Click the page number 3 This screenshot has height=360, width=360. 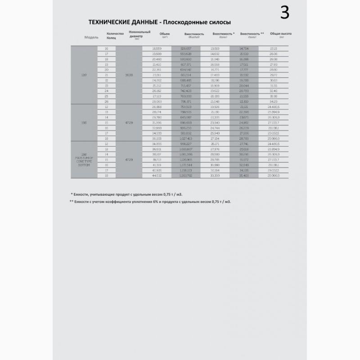coord(284,13)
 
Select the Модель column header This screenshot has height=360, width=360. coord(91,37)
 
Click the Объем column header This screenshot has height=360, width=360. coord(165,34)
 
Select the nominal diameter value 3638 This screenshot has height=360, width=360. coord(129,75)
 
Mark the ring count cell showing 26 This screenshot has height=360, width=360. coord(107,102)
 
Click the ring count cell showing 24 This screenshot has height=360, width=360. coord(107,91)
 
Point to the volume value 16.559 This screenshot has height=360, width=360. coord(157,48)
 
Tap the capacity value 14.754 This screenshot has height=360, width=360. coord(244,48)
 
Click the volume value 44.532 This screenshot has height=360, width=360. coord(157,176)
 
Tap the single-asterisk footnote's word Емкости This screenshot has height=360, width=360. coord(84,193)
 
